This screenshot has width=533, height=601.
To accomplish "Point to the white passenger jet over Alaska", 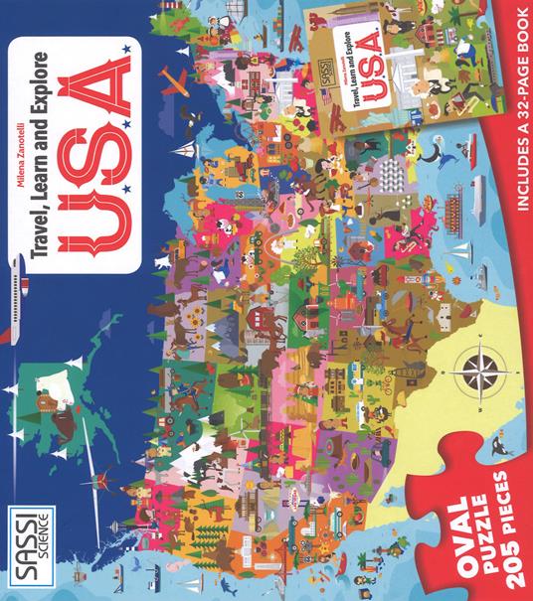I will coord(18,282).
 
